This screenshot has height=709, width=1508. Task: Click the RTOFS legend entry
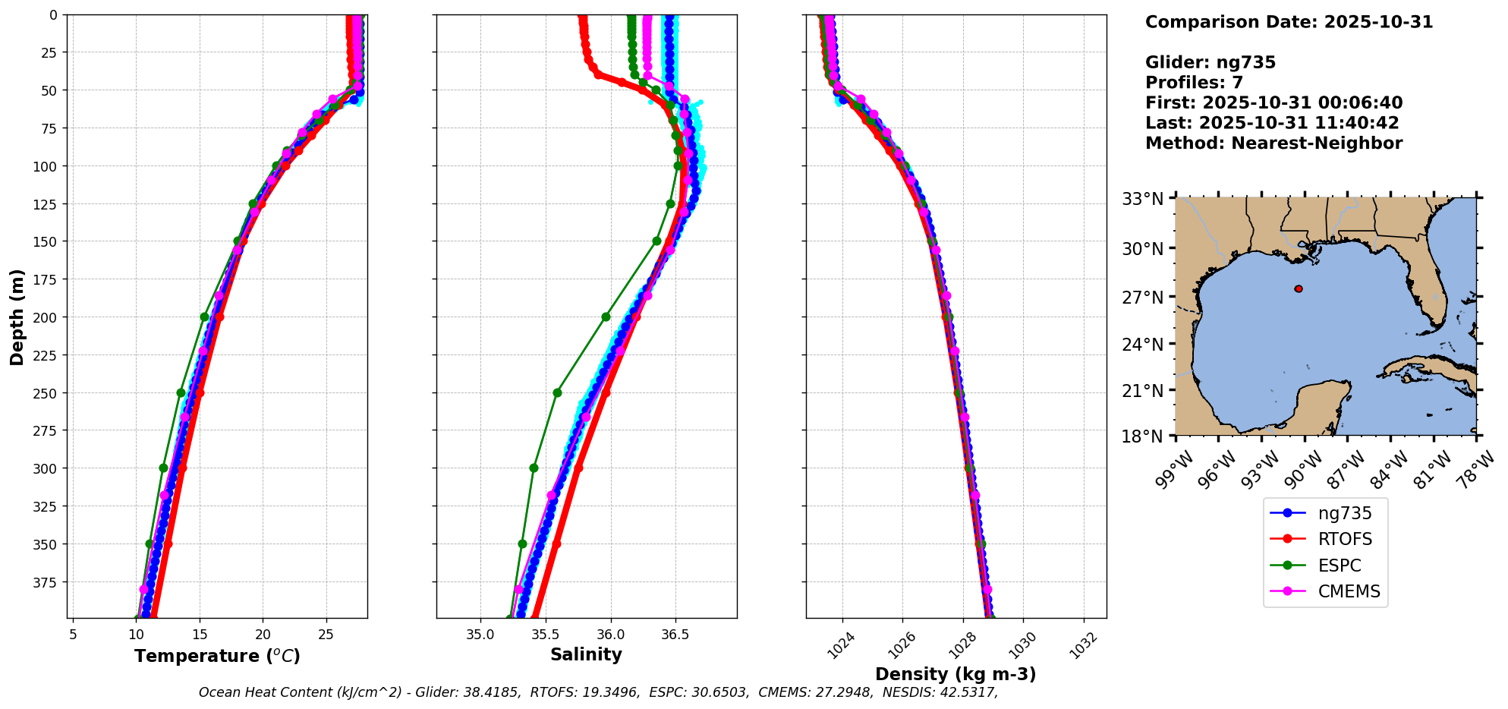click(x=1345, y=539)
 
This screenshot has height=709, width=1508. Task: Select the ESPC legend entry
click(x=1339, y=566)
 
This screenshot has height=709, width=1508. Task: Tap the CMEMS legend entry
click(x=1349, y=591)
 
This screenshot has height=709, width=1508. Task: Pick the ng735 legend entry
click(x=1345, y=513)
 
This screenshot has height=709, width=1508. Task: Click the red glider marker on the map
click(x=1299, y=288)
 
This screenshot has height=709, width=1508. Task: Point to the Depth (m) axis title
click(x=17, y=317)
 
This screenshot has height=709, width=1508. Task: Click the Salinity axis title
click(x=586, y=654)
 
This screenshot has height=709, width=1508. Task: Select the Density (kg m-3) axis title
click(x=955, y=674)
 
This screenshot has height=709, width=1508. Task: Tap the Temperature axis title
click(x=217, y=656)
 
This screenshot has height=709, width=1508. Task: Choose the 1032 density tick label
click(x=1083, y=645)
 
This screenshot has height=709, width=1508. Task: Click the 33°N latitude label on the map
click(x=1143, y=199)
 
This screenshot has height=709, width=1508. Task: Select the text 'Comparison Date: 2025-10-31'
click(x=1289, y=22)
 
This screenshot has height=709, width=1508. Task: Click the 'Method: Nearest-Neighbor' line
click(x=1273, y=143)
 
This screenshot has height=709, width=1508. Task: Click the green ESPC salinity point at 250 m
click(x=557, y=392)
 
